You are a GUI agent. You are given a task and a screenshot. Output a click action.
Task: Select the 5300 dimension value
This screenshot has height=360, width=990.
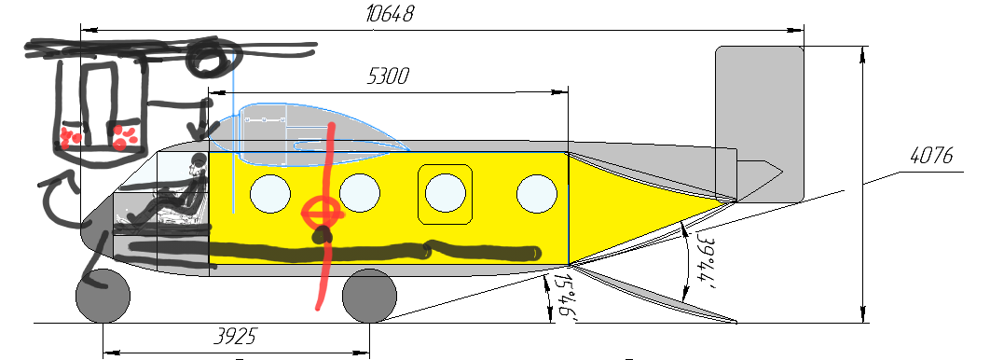point(389,76)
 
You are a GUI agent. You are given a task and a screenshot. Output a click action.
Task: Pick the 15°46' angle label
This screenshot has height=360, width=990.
point(562,298)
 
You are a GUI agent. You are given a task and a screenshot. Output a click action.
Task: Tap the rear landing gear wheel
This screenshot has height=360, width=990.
point(370,297)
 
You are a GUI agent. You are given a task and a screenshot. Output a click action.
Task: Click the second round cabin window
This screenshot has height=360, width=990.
point(360,193)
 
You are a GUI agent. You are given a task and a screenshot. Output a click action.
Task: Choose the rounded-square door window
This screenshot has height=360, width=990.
point(445,194)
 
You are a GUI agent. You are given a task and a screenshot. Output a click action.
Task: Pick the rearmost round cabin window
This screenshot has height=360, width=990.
point(536,193)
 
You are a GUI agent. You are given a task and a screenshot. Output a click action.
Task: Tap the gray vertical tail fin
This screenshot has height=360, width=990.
point(760,112)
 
